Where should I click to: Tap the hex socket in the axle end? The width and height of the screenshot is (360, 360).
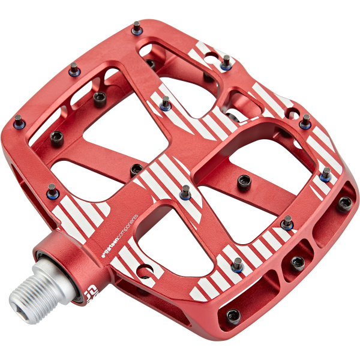(16, 297)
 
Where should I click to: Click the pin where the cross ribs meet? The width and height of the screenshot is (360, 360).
(186, 192)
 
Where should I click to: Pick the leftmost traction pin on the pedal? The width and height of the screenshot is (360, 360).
(19, 125)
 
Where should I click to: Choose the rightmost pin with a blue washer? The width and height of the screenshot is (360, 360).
(326, 175)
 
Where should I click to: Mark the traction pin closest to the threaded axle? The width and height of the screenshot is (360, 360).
(52, 191)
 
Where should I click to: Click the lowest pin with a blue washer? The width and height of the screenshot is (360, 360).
(238, 265)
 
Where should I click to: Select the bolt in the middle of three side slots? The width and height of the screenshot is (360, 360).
(297, 262)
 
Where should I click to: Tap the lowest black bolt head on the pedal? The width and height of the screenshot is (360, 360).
(233, 316)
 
